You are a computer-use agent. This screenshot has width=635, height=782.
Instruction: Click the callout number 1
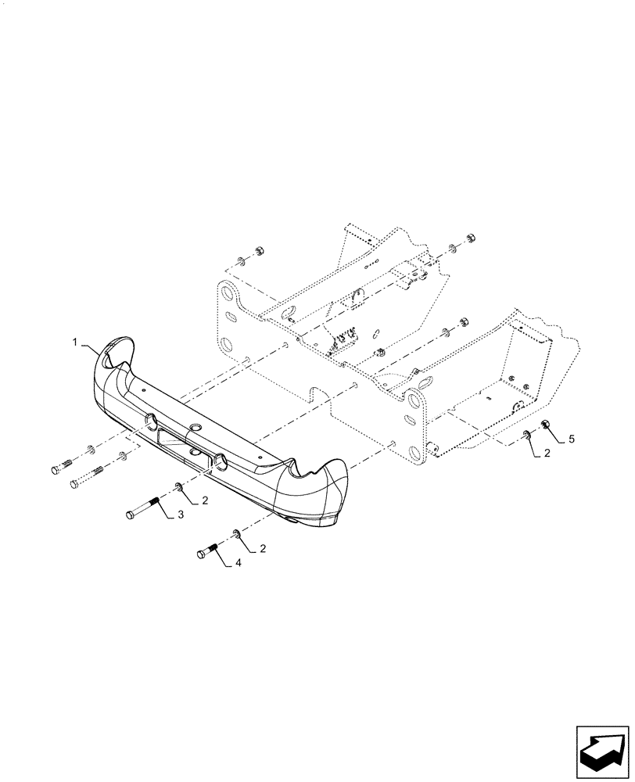pos(75,343)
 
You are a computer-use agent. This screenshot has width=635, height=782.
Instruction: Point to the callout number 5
pos(571,439)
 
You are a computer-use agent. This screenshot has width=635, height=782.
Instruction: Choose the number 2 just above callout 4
pos(262,549)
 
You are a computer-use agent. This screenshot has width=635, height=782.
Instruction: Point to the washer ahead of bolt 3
pos(179,489)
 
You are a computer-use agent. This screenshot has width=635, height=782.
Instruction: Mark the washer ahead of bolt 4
pos(236,534)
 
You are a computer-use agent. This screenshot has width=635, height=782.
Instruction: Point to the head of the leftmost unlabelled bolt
pos(55,471)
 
